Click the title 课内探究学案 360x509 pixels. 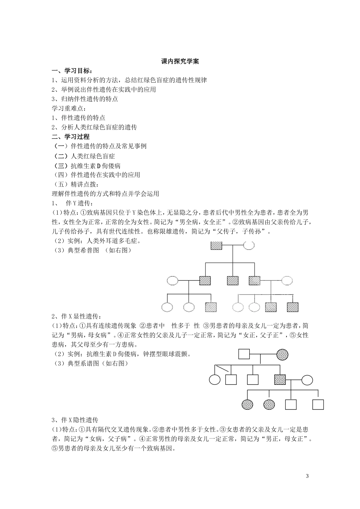[180, 61]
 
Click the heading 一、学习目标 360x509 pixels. [72, 71]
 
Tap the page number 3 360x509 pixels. [307, 476]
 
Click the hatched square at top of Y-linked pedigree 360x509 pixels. [216, 245]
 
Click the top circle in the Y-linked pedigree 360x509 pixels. [249, 245]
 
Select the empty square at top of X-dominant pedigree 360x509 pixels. [244, 354]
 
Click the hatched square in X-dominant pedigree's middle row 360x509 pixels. [280, 379]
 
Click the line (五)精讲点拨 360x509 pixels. [76, 184]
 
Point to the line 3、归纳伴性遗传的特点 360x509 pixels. [85, 99]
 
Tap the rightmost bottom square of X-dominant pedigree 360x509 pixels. [318, 404]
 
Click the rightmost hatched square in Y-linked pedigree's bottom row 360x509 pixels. [293, 307]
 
